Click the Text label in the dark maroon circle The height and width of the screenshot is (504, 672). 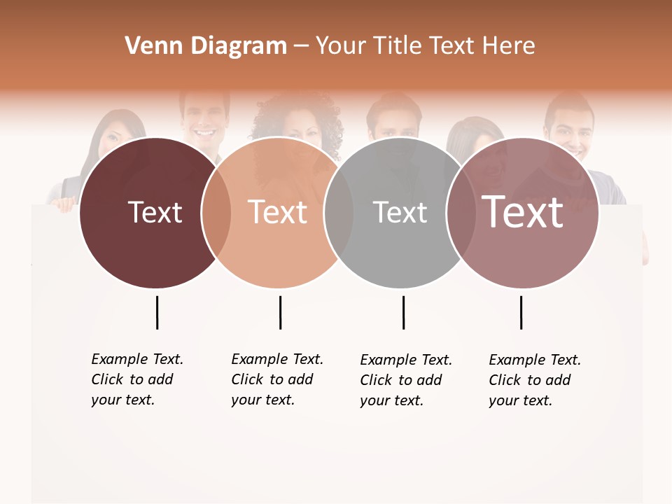[155, 213]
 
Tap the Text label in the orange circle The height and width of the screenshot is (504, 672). [277, 213]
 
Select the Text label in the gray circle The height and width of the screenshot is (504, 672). [400, 213]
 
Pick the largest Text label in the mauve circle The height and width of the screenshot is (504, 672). [522, 211]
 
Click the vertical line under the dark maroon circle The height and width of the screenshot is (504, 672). [157, 312]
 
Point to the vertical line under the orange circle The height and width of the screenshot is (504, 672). [280, 312]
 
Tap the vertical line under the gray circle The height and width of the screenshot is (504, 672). [403, 312]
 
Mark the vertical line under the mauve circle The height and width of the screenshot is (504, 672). [521, 312]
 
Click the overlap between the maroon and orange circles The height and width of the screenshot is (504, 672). [216, 213]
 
